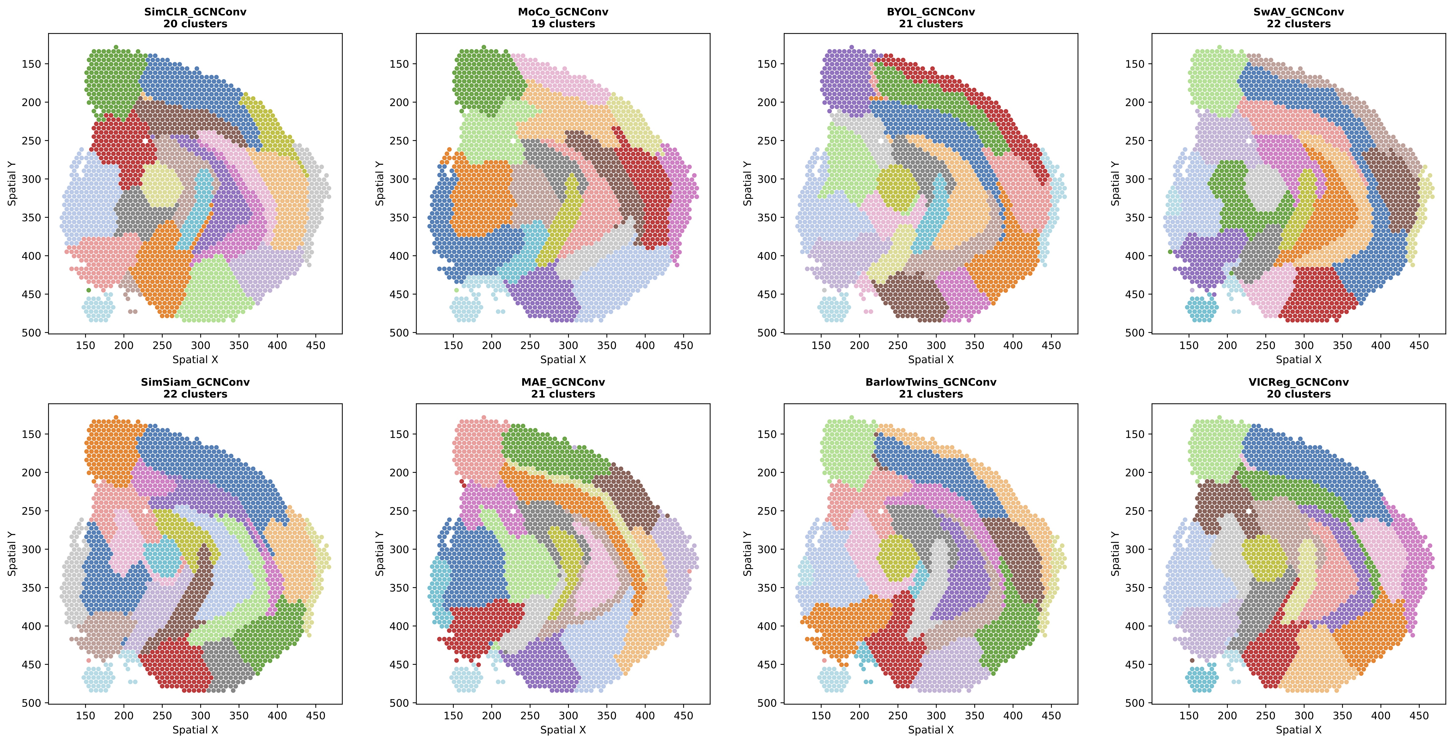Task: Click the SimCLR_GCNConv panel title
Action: (x=195, y=12)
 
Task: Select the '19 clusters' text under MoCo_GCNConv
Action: (x=563, y=24)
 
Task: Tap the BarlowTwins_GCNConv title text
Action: (x=931, y=382)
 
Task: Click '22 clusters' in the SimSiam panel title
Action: (x=195, y=394)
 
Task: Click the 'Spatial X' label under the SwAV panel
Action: (x=1299, y=359)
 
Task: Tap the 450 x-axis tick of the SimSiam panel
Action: (x=315, y=715)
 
